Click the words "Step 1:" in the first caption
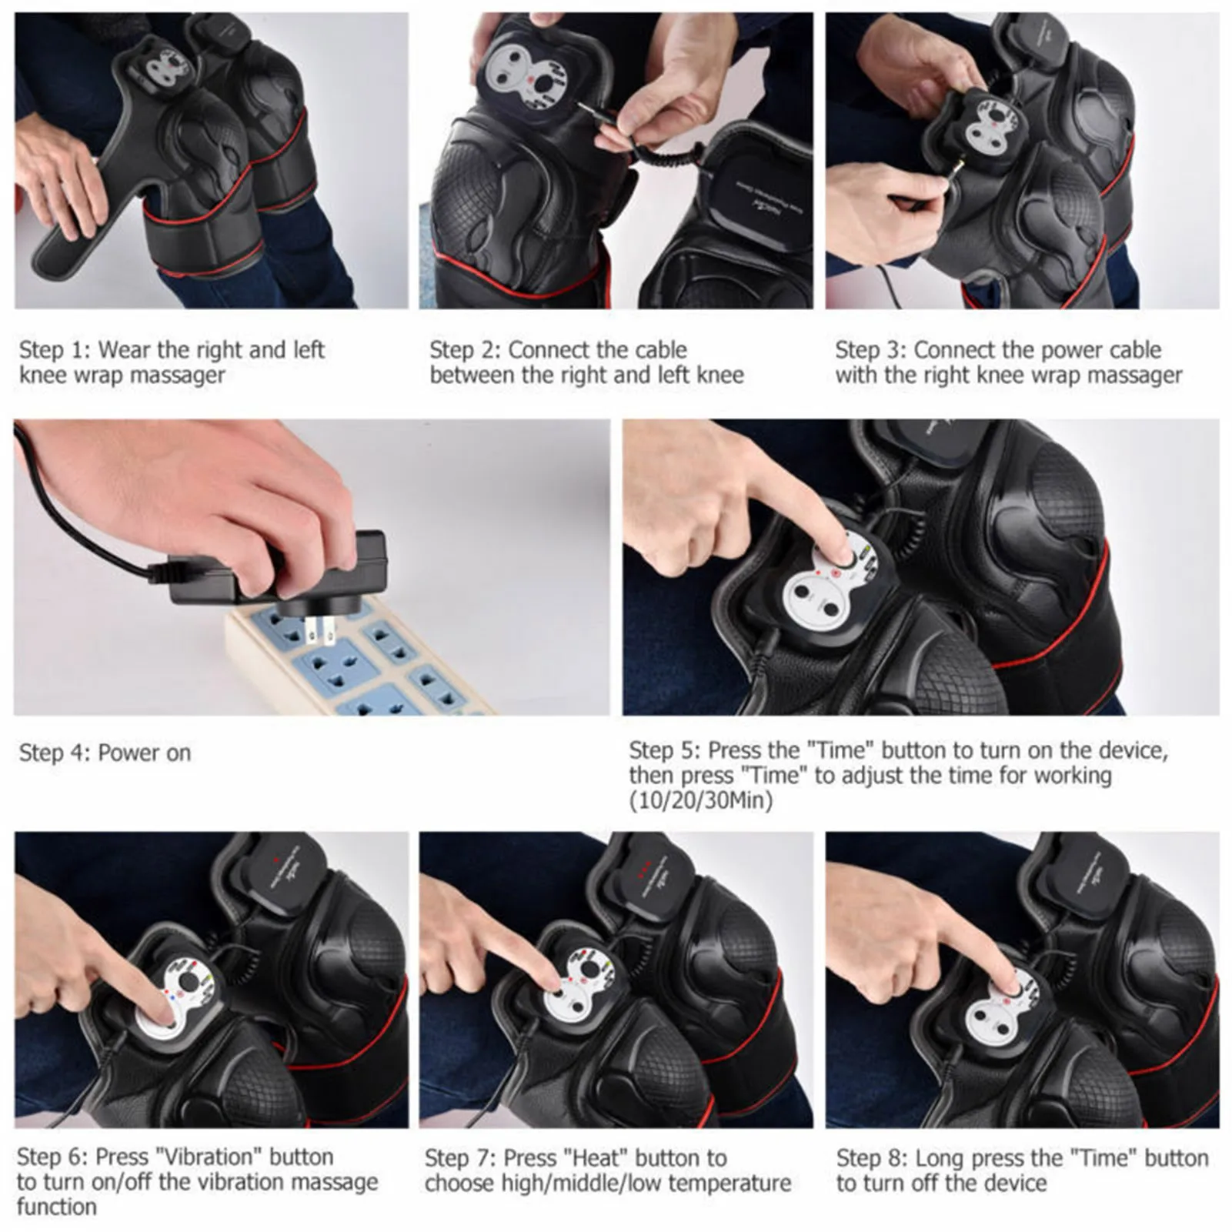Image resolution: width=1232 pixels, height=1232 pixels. (x=53, y=350)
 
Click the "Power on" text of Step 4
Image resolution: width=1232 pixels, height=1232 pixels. (x=144, y=753)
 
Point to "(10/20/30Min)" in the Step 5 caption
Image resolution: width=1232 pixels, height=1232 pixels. (x=700, y=800)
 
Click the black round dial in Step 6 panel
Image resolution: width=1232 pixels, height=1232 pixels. (x=189, y=982)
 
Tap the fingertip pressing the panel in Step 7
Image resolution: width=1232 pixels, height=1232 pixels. (x=556, y=987)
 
